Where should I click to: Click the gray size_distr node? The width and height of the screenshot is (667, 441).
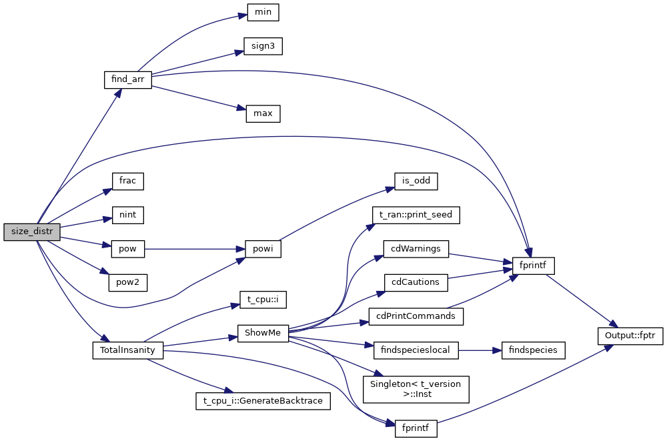pos(32,232)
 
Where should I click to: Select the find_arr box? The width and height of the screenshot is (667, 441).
pos(128,79)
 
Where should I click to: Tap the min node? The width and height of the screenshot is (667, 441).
pos(263,12)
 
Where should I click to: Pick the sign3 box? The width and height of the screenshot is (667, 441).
pos(263,46)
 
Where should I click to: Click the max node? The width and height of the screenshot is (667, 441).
pos(263,113)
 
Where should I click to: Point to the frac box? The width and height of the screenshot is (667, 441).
pos(127,181)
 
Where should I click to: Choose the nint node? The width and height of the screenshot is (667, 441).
pos(127,215)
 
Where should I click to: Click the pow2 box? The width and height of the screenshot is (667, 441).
pos(127,282)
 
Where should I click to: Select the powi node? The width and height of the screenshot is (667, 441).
pos(263,249)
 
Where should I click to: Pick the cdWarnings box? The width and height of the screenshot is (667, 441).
pos(416,249)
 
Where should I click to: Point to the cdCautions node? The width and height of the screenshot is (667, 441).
pos(416,282)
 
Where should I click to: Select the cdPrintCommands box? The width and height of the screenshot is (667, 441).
pos(416,316)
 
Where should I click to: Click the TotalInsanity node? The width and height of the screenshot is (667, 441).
pos(127,350)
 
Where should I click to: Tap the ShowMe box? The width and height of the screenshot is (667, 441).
pos(263,333)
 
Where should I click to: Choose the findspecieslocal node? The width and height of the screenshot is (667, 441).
pos(416,350)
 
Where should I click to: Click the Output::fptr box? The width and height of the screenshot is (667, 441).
pos(630,333)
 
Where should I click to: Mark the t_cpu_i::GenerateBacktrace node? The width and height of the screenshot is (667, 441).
pos(263,401)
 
